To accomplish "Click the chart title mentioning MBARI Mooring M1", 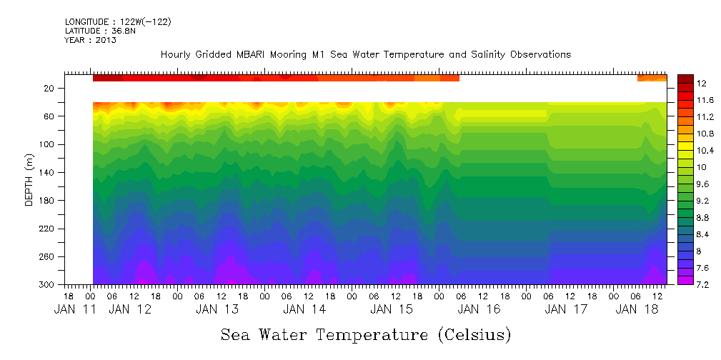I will (365, 55).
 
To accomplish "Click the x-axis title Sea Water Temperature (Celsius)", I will (365, 334).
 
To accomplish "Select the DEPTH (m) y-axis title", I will (29, 178).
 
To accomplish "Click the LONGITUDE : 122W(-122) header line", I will (118, 22).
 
